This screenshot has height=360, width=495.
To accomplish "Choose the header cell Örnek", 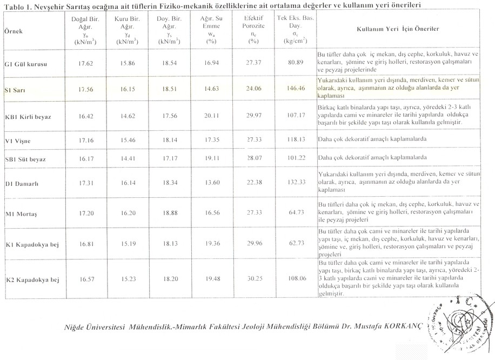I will click(x=14, y=32).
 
